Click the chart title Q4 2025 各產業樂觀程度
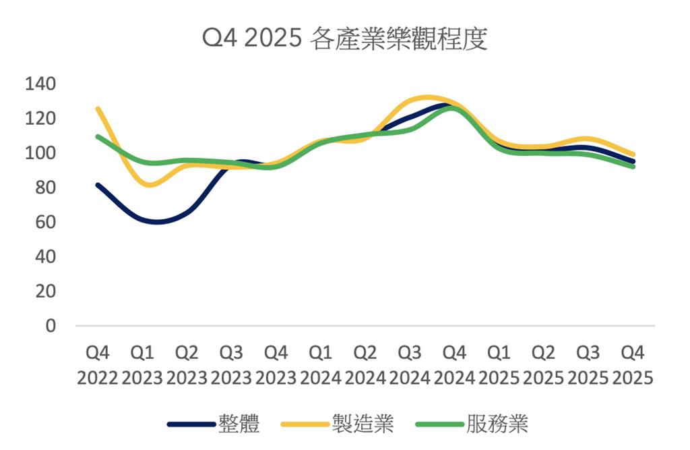pyautogui.click(x=344, y=40)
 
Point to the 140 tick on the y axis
pyautogui.click(x=40, y=84)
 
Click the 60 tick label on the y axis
pyautogui.click(x=46, y=222)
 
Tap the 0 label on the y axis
pyautogui.click(x=51, y=326)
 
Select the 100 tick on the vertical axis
pyautogui.click(x=40, y=153)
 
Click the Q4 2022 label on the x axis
pyautogui.click(x=98, y=364)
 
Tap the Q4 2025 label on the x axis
pyautogui.click(x=633, y=364)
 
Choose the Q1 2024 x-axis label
pyautogui.click(x=320, y=364)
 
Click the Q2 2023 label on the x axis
pyautogui.click(x=187, y=364)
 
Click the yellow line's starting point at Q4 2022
pyautogui.click(x=98, y=109)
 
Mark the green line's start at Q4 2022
pyautogui.click(x=98, y=136)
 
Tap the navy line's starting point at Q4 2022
pyautogui.click(x=98, y=185)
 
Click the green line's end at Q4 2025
pyautogui.click(x=633, y=166)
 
